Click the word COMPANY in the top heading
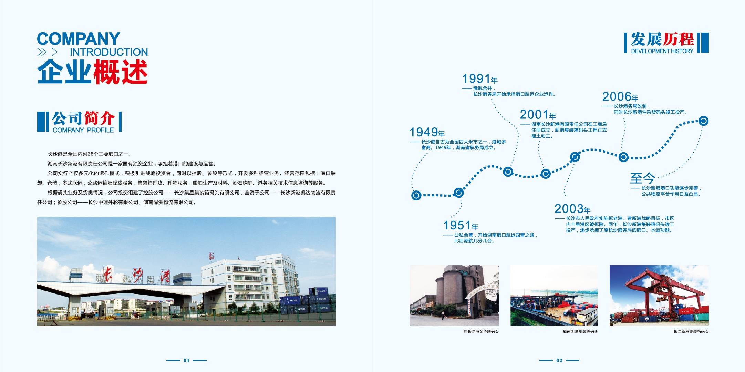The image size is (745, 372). tap(78, 39)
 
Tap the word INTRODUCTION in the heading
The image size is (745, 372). tap(109, 52)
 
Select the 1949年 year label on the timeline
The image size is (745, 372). tap(427, 132)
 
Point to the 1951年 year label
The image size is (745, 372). tap(461, 225)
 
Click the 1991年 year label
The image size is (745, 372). tap(480, 79)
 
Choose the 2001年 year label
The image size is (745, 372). tap(538, 115)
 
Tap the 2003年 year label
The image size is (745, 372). tap(572, 209)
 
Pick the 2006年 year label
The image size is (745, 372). tap(620, 96)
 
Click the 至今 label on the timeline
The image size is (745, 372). tap(642, 178)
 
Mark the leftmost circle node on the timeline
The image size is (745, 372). tap(416, 195)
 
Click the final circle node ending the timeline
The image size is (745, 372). tap(703, 121)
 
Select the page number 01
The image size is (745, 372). tap(186, 360)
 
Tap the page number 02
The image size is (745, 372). tap(559, 360)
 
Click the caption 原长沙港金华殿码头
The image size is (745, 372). tap(481, 332)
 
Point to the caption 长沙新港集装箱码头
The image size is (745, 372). tap(691, 332)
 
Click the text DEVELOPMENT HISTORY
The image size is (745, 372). tap(662, 51)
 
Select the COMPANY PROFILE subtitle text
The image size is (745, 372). tap(83, 130)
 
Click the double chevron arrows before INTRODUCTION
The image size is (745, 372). tap(47, 52)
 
